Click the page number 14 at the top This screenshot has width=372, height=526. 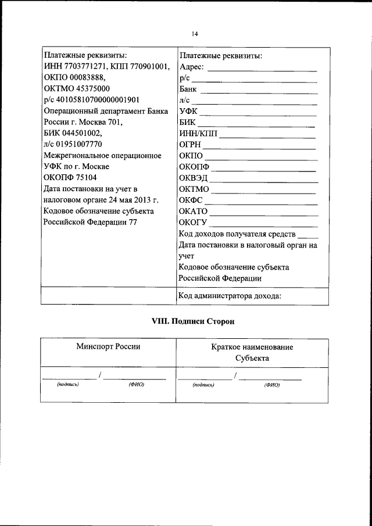194,34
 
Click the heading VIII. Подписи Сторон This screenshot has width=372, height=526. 185,321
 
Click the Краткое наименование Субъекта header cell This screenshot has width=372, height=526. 252,353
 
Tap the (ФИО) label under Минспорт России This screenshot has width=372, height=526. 136,385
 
